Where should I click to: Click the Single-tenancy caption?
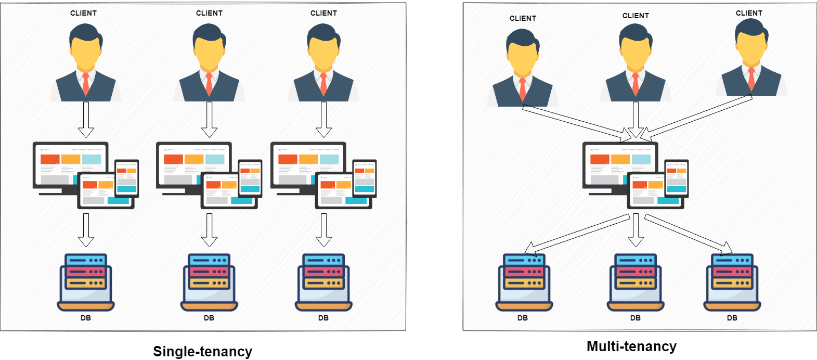click(202, 351)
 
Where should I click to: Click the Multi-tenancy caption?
click(631, 346)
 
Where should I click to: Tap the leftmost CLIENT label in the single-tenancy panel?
click(83, 13)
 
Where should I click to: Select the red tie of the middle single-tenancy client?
click(209, 84)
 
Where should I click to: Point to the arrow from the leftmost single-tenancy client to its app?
click(86, 119)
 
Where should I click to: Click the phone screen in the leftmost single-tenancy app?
click(127, 178)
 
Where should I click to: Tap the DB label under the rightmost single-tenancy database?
click(323, 318)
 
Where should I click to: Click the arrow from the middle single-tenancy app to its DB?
click(209, 229)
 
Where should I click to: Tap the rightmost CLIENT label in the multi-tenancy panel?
click(749, 13)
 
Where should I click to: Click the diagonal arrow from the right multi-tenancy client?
click(697, 118)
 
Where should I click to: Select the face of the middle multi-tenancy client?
click(636, 55)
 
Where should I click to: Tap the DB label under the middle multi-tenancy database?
click(636, 318)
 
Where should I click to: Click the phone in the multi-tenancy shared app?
click(677, 178)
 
